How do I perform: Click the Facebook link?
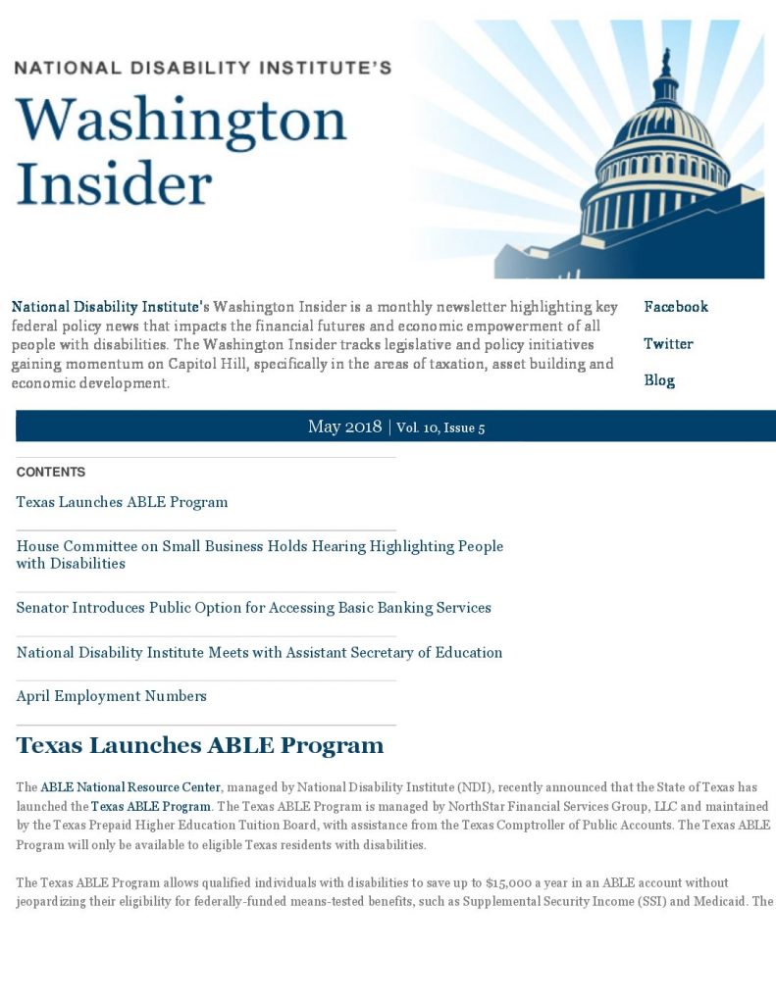675,307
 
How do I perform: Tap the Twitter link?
668,344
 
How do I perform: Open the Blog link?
659,380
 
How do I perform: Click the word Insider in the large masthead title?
114,182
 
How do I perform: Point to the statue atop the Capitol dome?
667,63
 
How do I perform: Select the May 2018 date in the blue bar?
344,427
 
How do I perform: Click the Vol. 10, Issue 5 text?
440,427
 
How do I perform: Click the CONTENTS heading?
51,472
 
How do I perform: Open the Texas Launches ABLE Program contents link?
122,502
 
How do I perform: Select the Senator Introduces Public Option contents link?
253,608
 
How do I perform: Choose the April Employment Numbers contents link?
111,696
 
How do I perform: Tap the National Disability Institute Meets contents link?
259,652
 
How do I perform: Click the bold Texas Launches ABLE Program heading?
199,745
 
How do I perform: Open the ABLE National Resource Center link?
130,787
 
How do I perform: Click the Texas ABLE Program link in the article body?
151,807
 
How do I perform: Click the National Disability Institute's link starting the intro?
110,307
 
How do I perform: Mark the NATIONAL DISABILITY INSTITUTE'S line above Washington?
202,68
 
